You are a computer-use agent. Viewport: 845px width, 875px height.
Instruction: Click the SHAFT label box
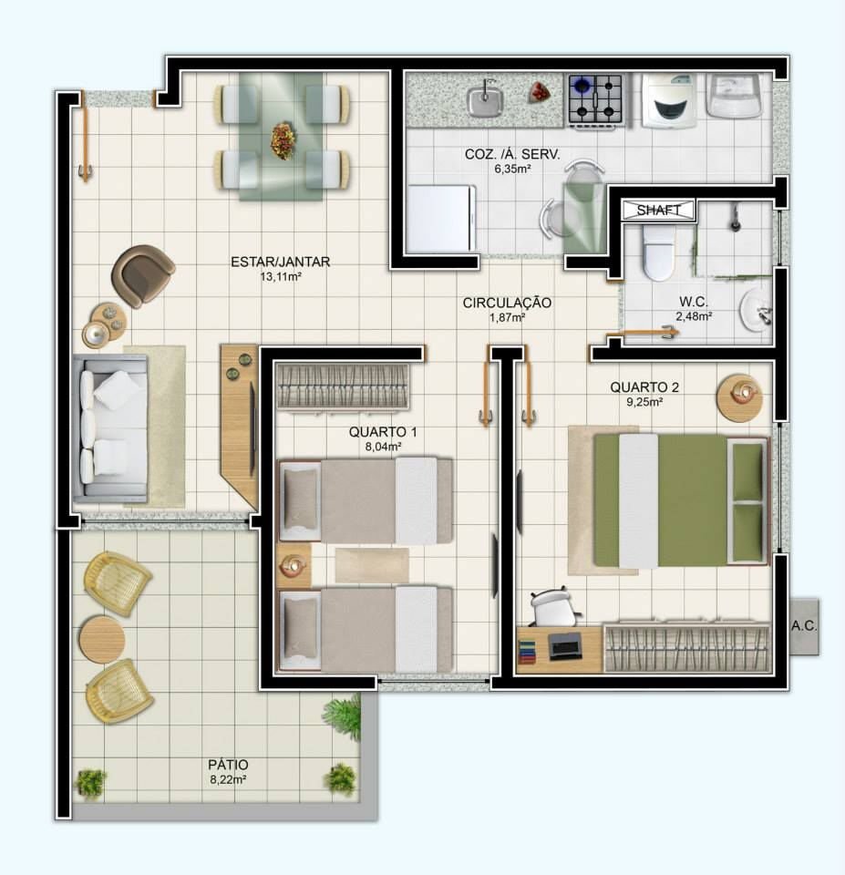point(658,211)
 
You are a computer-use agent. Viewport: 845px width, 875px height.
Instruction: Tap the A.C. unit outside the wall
point(804,626)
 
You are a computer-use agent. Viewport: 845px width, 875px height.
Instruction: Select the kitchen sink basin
point(486,100)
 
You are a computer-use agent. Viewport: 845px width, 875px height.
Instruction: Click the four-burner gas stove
point(595,101)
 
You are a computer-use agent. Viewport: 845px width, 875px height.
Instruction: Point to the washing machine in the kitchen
point(669,101)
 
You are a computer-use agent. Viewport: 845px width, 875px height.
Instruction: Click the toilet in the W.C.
point(658,252)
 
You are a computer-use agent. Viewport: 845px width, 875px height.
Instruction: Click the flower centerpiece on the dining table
point(283,139)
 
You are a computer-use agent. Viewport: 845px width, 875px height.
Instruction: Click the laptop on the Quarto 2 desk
point(565,646)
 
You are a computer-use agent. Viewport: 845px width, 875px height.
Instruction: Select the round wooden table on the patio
point(101,640)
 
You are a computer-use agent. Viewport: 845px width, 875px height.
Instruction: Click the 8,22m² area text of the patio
point(228,779)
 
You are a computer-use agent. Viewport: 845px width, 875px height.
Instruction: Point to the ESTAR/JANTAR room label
point(280,262)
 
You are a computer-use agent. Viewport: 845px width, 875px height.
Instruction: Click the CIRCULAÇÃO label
point(507,303)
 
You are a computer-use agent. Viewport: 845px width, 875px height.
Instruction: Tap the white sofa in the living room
point(110,428)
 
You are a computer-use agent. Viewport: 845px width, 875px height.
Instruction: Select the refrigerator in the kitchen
point(441,219)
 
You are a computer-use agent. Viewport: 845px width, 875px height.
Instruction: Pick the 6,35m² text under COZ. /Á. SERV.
point(512,169)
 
